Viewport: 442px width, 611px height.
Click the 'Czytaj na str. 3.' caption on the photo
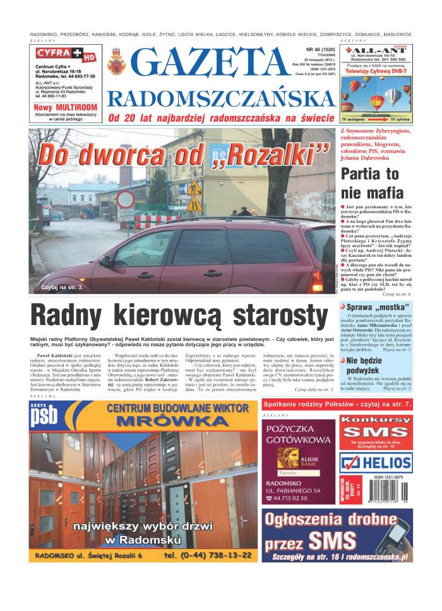point(62,287)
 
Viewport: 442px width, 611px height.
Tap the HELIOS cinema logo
point(376,461)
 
